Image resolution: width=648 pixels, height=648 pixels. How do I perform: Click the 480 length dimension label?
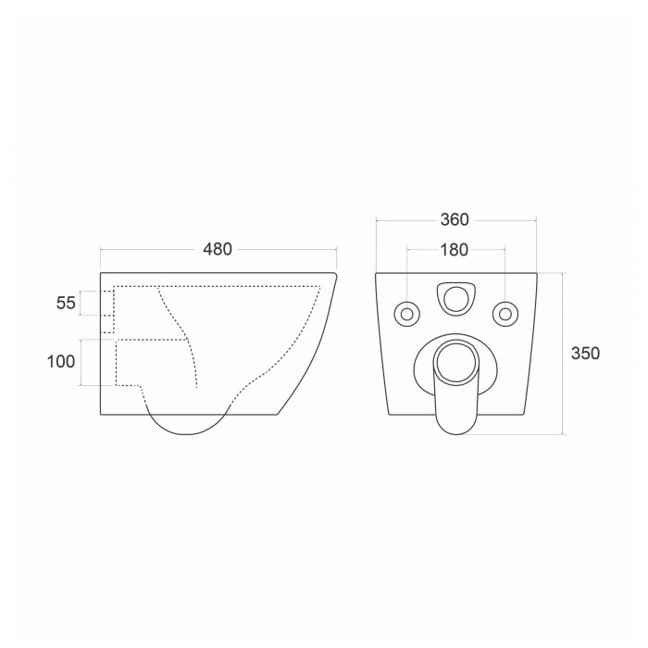218,249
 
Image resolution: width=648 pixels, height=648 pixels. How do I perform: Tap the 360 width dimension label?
455,220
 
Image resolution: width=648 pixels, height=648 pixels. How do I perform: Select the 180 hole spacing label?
455,250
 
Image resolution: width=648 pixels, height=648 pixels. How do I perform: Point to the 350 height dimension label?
585,354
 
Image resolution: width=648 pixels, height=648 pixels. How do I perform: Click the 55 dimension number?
66,303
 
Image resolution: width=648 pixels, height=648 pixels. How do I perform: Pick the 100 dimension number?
61,362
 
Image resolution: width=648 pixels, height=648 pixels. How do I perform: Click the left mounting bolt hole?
407,314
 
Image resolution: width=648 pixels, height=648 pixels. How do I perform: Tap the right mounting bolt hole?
505,314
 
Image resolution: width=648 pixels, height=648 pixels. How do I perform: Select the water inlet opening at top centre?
456,299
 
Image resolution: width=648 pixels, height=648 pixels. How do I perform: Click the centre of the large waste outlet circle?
455,361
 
